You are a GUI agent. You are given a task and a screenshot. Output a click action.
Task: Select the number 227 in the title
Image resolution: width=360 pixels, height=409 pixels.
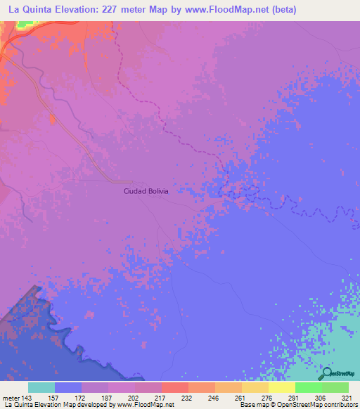[129, 10]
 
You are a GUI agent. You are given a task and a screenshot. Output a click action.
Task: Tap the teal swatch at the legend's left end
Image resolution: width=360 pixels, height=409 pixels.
[41, 387]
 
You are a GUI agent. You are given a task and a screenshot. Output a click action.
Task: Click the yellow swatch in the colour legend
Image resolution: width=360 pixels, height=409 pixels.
[282, 387]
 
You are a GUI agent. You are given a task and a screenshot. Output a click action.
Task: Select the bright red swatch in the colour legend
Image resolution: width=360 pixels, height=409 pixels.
[174, 387]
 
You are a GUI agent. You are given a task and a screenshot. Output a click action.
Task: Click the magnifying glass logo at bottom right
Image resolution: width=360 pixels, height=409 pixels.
[328, 375]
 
